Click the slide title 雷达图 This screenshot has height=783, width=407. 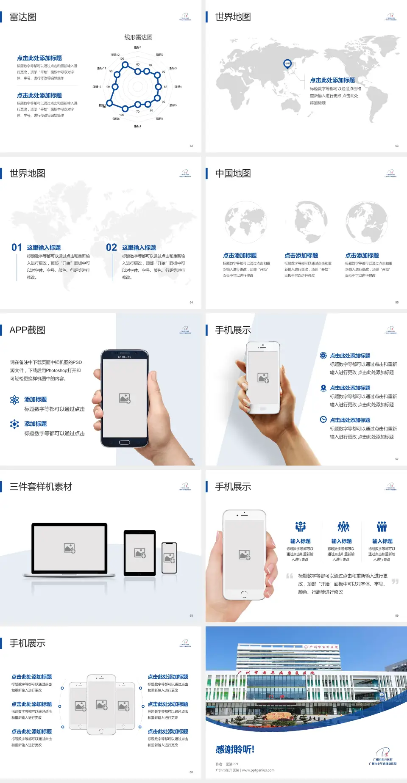click(x=23, y=17)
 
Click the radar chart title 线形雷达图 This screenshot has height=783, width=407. click(x=138, y=37)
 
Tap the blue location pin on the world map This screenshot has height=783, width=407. click(x=287, y=64)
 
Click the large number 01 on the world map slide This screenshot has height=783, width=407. click(x=17, y=248)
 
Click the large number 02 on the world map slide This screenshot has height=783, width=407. click(x=112, y=248)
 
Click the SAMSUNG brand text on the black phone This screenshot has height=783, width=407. click(x=125, y=357)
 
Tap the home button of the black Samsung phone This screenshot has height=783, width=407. click(x=124, y=442)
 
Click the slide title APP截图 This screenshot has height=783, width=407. click(x=27, y=330)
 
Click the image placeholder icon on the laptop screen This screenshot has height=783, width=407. click(x=70, y=548)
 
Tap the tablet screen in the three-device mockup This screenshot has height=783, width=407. click(x=140, y=552)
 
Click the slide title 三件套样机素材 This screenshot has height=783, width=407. click(x=41, y=487)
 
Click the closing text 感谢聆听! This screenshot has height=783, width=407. click(x=235, y=750)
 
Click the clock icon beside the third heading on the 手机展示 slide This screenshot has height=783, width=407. click(x=323, y=419)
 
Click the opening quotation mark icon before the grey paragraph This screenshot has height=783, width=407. click(x=290, y=576)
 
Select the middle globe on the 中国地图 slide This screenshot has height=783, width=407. click(x=311, y=222)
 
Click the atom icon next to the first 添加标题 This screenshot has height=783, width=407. click(x=14, y=400)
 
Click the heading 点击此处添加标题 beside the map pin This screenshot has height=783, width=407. click(x=332, y=80)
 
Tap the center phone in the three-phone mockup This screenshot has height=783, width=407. click(x=101, y=704)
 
